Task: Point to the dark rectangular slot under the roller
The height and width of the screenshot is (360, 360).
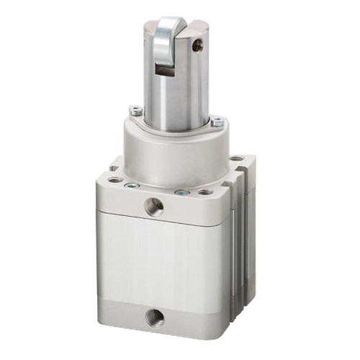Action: [x=165, y=70]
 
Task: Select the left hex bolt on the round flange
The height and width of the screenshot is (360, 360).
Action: [x=135, y=111]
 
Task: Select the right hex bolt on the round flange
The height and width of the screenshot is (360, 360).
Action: [x=217, y=122]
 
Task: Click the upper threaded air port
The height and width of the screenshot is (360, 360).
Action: [x=153, y=207]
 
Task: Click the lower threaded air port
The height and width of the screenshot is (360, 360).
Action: [x=153, y=316]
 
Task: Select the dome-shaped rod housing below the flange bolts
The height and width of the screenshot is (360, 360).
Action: [x=173, y=155]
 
